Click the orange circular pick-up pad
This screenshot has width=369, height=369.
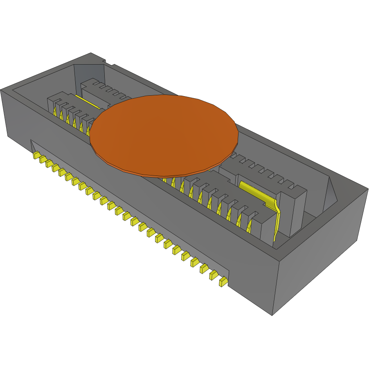coord(164,131)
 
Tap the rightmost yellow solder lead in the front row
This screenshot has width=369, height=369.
coord(223,282)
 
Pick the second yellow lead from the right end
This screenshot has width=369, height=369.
coord(213,275)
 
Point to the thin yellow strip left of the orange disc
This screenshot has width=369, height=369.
coord(88,102)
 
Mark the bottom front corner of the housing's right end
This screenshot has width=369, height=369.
coord(272,315)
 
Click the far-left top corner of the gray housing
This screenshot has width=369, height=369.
coord(2,90)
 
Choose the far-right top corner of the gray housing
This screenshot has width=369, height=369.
coord(367,188)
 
